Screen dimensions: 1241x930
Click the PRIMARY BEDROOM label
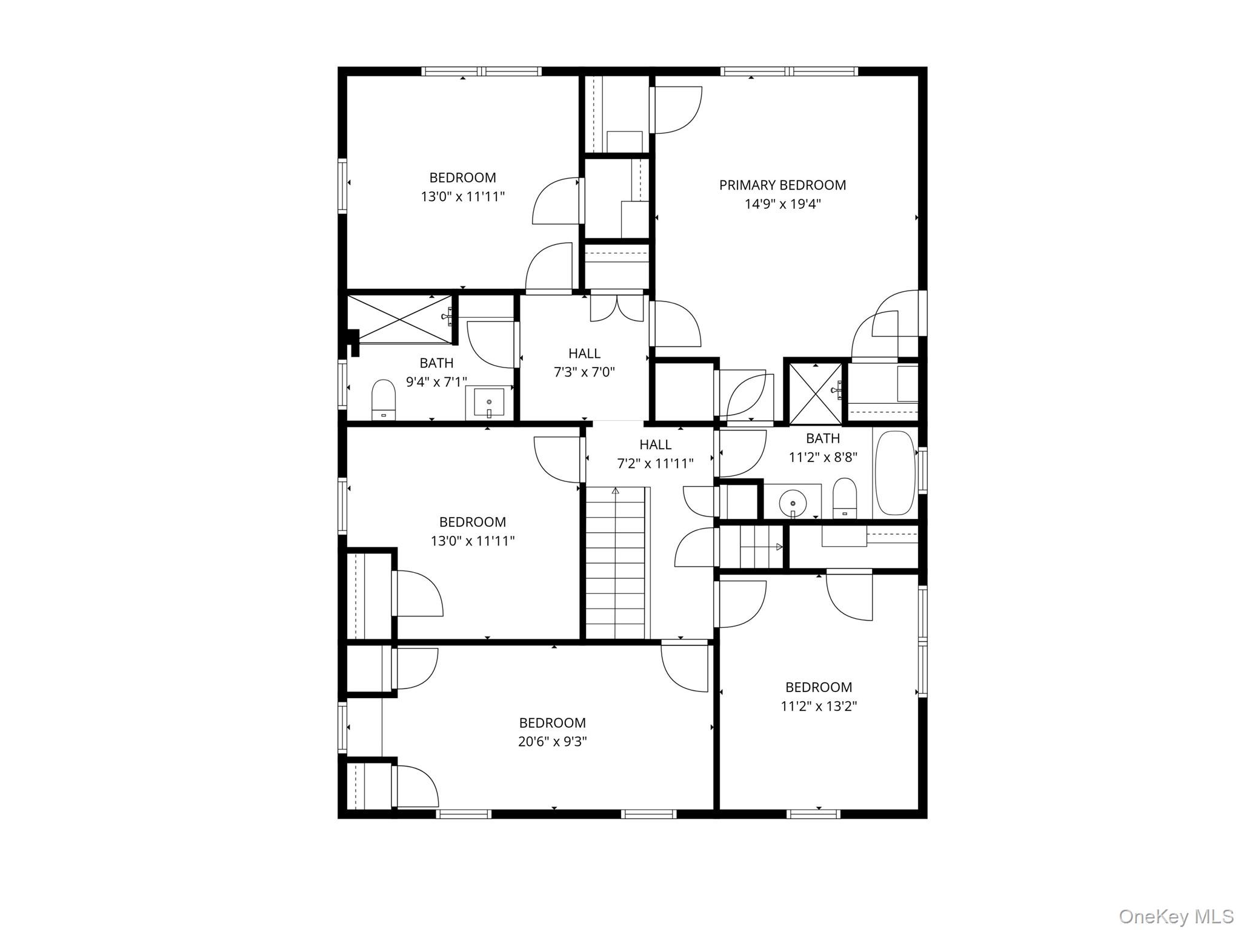pyautogui.click(x=782, y=185)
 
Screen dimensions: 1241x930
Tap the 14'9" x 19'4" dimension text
pyautogui.click(x=782, y=204)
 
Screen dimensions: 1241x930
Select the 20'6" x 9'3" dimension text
pyautogui.click(x=553, y=742)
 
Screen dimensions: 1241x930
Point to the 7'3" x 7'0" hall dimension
pyautogui.click(x=584, y=372)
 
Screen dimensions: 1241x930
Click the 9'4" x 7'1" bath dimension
pyautogui.click(x=436, y=382)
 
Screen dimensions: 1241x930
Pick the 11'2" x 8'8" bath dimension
pyautogui.click(x=823, y=457)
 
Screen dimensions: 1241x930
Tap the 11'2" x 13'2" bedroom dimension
pyautogui.click(x=819, y=706)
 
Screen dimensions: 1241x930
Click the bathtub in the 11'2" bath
pyautogui.click(x=895, y=473)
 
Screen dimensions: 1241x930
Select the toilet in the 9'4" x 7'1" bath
pyautogui.click(x=383, y=400)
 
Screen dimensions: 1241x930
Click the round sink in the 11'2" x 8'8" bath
pyautogui.click(x=793, y=502)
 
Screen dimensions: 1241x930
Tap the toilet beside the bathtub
pyautogui.click(x=844, y=498)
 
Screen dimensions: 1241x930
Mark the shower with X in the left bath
pyautogui.click(x=400, y=318)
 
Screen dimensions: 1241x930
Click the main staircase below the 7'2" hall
pyautogui.click(x=616, y=562)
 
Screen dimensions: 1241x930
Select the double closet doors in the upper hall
pyautogui.click(x=617, y=307)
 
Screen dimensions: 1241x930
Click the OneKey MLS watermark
pyautogui.click(x=1176, y=916)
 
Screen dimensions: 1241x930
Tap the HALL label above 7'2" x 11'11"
pyautogui.click(x=655, y=444)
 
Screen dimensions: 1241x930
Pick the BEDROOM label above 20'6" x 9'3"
pyautogui.click(x=553, y=723)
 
